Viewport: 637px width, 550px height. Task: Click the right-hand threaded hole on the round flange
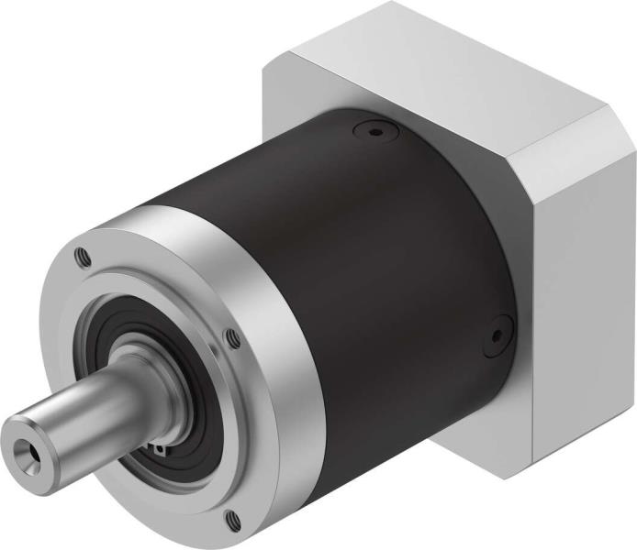coord(233,339)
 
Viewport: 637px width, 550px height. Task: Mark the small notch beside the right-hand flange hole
coord(213,347)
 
